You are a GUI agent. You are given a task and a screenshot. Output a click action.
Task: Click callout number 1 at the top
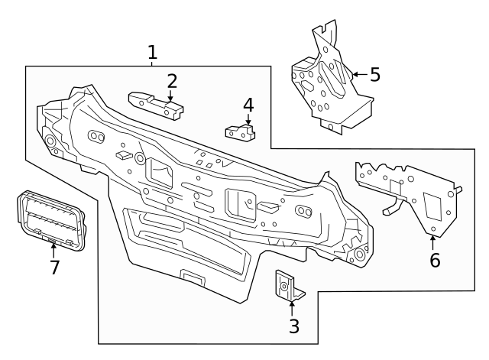[152, 52]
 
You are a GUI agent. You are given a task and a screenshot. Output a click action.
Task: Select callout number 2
[172, 80]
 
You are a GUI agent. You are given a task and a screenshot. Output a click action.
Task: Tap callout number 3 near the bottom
[293, 327]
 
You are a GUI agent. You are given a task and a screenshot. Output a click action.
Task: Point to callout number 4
[248, 104]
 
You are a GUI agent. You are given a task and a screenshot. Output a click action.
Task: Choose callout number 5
[374, 75]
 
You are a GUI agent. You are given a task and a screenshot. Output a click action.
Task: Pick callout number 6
[434, 260]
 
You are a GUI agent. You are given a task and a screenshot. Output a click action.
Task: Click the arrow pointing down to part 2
[170, 96]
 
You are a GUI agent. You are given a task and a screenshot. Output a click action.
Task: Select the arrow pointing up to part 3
[292, 308]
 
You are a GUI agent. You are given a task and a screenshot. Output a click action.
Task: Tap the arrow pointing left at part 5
[358, 75]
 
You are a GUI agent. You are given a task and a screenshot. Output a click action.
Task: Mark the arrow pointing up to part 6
[432, 242]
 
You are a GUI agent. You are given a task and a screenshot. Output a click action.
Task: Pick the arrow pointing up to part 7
[53, 249]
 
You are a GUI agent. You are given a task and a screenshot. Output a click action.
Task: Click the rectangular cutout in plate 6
[433, 204]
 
